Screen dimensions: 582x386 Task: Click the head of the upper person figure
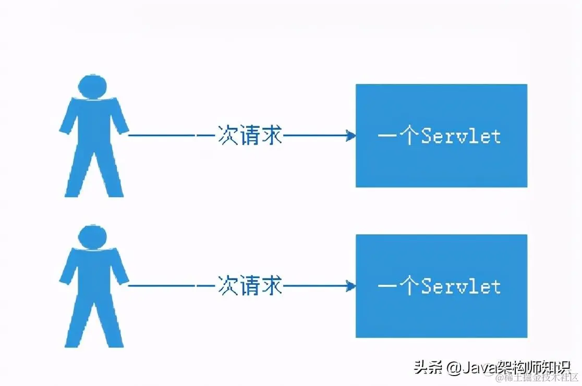pyautogui.click(x=93, y=86)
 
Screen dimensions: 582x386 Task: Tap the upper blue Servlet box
pyautogui.click(x=441, y=167)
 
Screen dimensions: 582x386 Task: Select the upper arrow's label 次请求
pyautogui.click(x=250, y=136)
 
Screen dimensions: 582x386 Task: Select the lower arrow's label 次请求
pyautogui.click(x=250, y=286)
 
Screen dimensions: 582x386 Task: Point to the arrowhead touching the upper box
pyautogui.click(x=351, y=136)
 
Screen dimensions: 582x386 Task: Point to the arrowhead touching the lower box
pyautogui.click(x=351, y=286)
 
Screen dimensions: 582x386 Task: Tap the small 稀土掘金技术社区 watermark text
pyautogui.click(x=537, y=378)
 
